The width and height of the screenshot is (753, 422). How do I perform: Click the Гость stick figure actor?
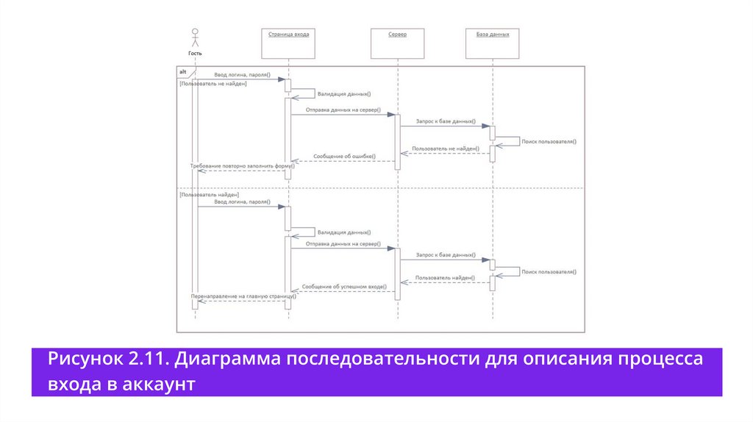pos(195,38)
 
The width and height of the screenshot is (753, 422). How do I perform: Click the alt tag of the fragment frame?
pos(183,71)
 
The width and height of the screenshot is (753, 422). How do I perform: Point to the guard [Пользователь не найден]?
pos(213,84)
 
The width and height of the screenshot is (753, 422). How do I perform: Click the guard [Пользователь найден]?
pos(210,194)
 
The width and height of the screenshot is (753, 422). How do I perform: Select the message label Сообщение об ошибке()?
pos(344,157)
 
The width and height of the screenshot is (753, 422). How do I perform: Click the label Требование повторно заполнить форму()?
pos(242,165)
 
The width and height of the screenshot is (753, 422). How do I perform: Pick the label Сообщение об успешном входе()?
pos(344,286)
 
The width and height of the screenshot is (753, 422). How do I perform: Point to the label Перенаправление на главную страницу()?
pos(243,296)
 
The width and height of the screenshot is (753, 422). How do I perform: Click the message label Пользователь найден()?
pos(445,278)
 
